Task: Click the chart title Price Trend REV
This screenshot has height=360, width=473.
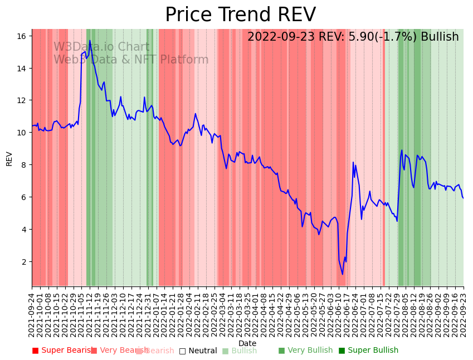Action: point(240,14)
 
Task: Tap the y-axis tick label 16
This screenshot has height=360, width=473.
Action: point(22,36)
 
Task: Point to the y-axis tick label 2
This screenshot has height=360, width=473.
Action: point(24,262)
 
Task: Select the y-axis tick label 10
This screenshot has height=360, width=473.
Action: point(22,133)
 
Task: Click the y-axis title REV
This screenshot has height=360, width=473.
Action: point(9,158)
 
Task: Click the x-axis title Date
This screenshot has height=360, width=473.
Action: point(247,343)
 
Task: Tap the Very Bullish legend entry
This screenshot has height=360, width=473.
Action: point(305,351)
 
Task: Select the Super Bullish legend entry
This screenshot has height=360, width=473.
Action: point(368,351)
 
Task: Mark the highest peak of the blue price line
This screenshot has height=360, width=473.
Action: point(90,40)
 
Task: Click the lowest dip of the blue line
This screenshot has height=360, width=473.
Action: point(343,274)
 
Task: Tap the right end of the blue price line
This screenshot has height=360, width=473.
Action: point(464,198)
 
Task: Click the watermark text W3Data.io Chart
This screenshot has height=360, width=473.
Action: point(101,47)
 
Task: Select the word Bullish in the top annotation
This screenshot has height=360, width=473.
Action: point(440,37)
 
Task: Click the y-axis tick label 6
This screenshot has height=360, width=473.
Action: point(24,197)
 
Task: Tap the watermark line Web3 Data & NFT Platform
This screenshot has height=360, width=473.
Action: point(131,60)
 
